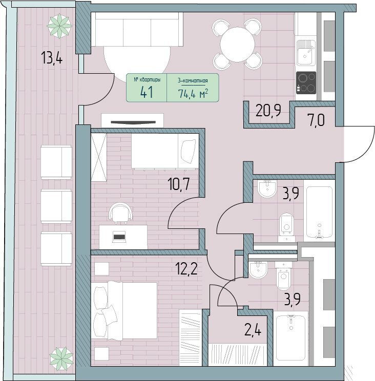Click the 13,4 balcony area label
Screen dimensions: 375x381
[x=52, y=58]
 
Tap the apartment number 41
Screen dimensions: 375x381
[x=147, y=92]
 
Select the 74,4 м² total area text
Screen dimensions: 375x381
[x=193, y=93]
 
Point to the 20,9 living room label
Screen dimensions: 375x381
[x=268, y=110]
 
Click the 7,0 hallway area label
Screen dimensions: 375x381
[x=316, y=120]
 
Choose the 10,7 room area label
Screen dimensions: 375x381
[x=179, y=184]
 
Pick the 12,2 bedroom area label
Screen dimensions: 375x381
[x=186, y=268]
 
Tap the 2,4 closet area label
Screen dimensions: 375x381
[x=253, y=330]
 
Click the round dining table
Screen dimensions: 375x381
[x=237, y=45]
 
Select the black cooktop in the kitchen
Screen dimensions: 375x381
[x=306, y=83]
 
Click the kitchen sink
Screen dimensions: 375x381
[x=306, y=53]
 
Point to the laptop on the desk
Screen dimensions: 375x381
[x=119, y=237]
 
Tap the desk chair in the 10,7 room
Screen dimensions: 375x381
[x=121, y=213]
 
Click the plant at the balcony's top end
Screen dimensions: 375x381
[x=59, y=26]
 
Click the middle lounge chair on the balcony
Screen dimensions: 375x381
[x=56, y=206]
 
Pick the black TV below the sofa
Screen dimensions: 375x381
[x=133, y=122]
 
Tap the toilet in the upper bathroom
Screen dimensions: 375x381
[x=287, y=227]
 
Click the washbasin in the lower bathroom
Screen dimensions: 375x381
[x=258, y=270]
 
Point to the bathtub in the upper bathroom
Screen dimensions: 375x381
[x=319, y=212]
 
